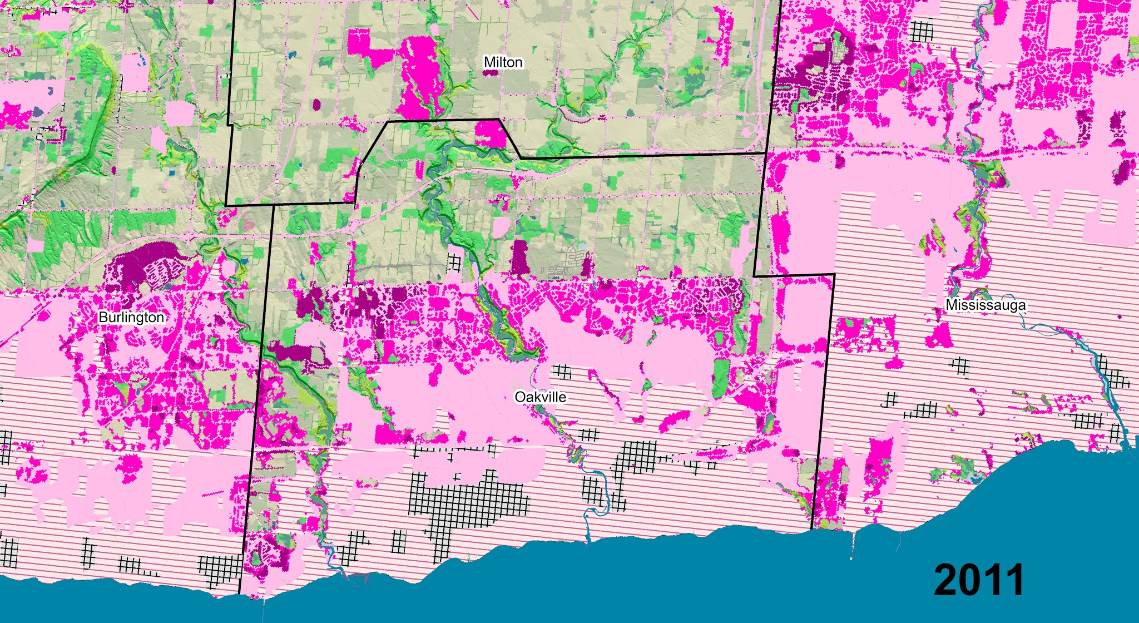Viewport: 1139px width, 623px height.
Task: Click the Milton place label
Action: coord(503,62)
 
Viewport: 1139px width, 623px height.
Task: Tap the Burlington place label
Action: coord(132,317)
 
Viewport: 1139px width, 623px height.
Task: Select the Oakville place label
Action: coord(540,397)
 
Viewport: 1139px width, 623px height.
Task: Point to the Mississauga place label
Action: coord(986,305)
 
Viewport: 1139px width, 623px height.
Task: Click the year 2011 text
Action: coord(978,580)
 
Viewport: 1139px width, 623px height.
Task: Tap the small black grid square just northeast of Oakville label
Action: coord(564,371)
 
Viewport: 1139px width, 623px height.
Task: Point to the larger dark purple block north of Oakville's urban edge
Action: coord(521,258)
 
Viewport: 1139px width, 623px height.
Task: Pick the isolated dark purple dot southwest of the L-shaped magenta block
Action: coord(317,103)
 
